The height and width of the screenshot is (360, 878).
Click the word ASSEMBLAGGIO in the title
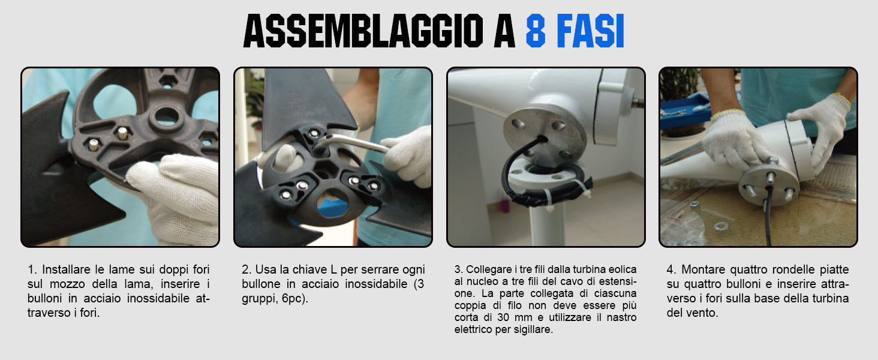[x=363, y=31]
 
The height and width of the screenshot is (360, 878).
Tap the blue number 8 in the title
[x=536, y=31]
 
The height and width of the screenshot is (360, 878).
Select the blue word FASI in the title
[x=590, y=31]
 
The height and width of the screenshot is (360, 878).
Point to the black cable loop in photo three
[x=510, y=165]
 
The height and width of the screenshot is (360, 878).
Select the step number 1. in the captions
[x=32, y=269]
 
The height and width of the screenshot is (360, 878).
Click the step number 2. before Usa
[x=246, y=269]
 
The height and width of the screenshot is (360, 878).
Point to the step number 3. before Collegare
[x=459, y=269]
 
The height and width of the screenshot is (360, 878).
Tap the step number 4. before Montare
[x=672, y=269]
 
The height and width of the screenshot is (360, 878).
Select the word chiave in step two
[x=309, y=269]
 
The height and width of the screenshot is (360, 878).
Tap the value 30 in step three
[x=503, y=317]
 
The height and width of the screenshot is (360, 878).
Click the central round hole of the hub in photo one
[x=167, y=116]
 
